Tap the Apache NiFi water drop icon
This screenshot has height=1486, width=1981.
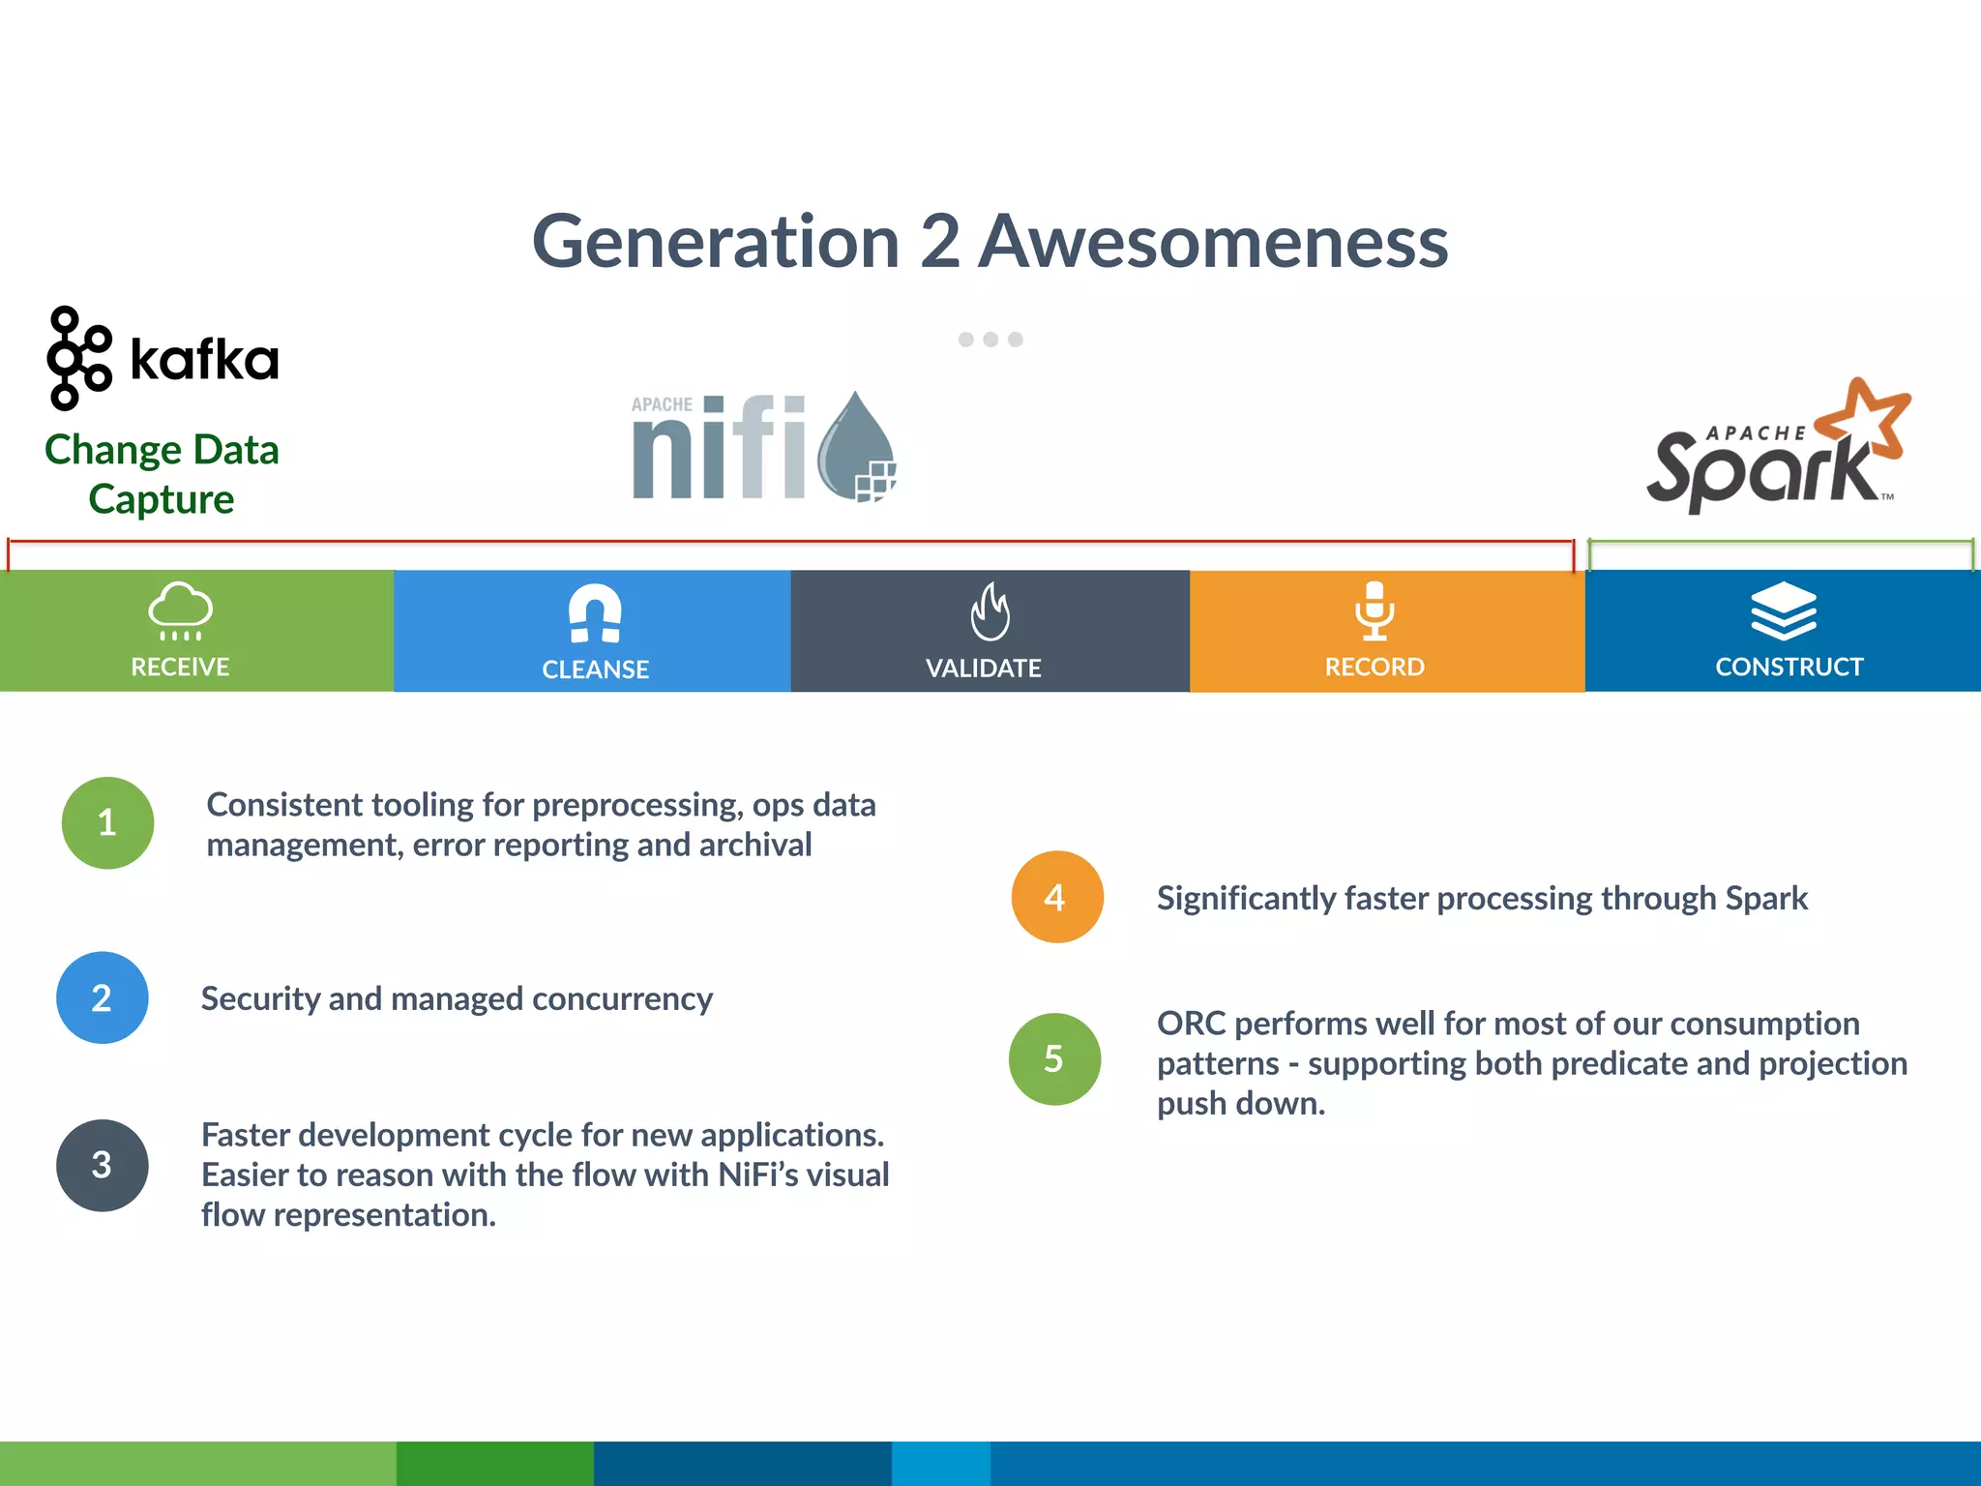point(856,447)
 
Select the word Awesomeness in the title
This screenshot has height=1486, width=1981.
point(1213,242)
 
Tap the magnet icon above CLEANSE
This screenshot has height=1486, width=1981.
point(595,612)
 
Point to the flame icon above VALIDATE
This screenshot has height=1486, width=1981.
point(990,611)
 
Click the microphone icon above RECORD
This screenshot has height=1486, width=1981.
point(1375,610)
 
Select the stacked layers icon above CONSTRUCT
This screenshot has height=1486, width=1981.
point(1784,610)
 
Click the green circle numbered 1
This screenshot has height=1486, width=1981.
point(107,823)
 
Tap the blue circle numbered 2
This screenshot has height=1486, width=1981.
point(103,997)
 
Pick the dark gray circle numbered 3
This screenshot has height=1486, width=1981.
point(103,1165)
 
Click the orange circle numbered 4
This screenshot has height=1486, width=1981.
point(1056,897)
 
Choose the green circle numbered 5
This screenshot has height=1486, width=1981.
point(1054,1058)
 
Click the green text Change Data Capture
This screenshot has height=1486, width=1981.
point(162,474)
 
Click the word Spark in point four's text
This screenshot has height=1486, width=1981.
point(1765,899)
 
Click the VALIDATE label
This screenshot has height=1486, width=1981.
point(983,668)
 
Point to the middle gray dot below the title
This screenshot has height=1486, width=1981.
point(990,340)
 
